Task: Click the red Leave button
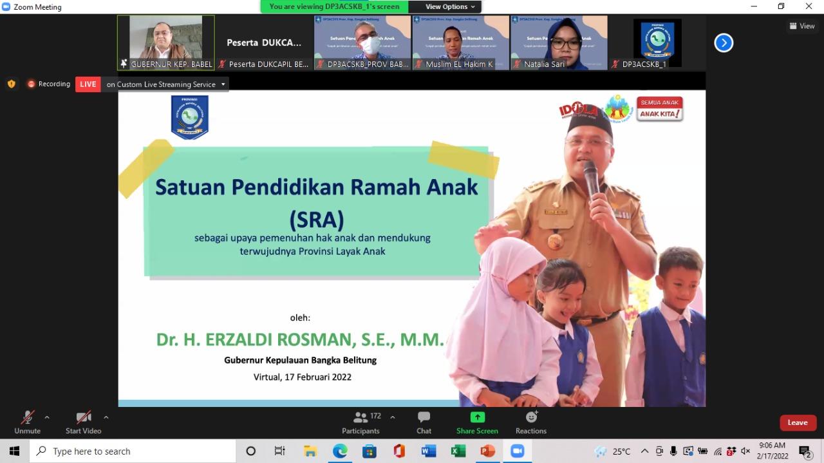[798, 422]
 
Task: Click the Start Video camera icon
[84, 417]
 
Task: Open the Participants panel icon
[360, 417]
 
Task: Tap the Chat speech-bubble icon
[424, 417]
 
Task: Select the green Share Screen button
[477, 417]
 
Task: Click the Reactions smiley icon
[531, 417]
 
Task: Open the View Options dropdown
[451, 6]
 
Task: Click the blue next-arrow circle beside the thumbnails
[724, 43]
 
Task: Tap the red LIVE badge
[88, 84]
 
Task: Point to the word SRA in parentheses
[317, 219]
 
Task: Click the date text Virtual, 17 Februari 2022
[303, 377]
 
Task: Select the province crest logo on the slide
[189, 117]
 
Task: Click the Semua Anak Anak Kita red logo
[660, 109]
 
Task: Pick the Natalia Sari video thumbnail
[559, 43]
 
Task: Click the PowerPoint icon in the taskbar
[487, 451]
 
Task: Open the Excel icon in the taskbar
[458, 451]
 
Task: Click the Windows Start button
[14, 451]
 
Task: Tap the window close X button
[809, 6]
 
